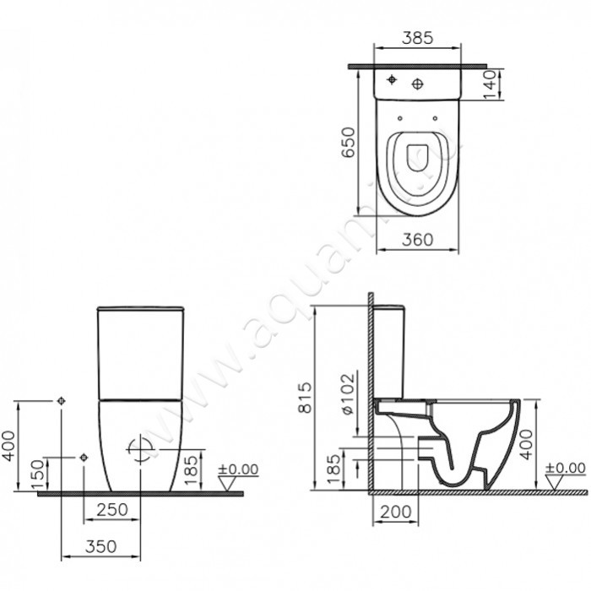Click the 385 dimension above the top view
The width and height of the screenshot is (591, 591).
click(x=417, y=38)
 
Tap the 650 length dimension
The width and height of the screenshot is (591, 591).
click(x=348, y=142)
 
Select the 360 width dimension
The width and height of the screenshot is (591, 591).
click(x=418, y=239)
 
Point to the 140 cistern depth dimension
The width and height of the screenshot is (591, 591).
click(x=491, y=85)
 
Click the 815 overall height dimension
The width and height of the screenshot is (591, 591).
click(x=306, y=398)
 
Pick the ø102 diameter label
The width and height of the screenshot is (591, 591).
click(x=348, y=393)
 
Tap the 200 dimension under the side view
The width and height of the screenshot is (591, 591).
click(x=395, y=512)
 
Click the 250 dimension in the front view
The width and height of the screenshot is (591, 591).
click(x=112, y=510)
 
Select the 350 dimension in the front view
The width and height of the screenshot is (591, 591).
click(x=101, y=546)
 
